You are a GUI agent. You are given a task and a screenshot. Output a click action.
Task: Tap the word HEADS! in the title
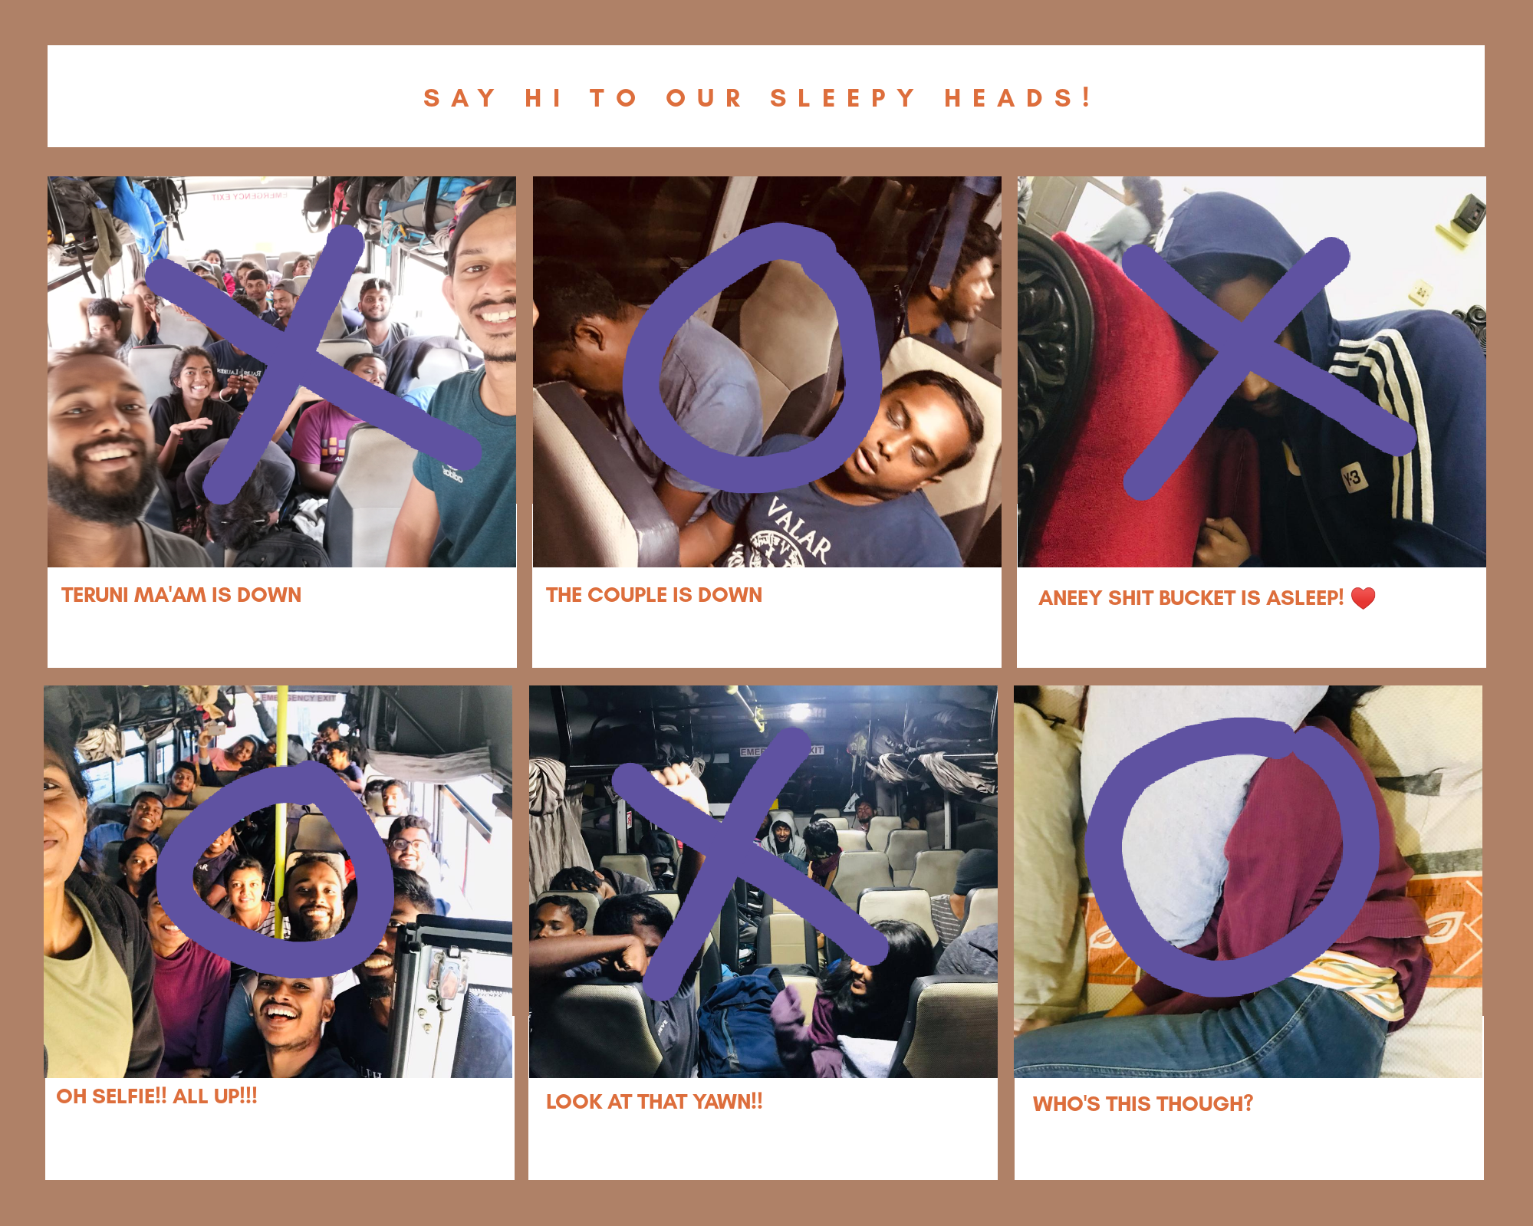click(x=1017, y=97)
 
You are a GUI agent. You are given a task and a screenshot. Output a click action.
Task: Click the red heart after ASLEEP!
click(x=1363, y=597)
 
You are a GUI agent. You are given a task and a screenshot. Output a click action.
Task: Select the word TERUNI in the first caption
click(x=95, y=595)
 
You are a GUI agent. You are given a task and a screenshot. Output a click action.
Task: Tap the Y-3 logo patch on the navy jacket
click(x=1353, y=479)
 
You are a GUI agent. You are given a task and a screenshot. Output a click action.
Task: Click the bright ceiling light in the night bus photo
click(x=800, y=712)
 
